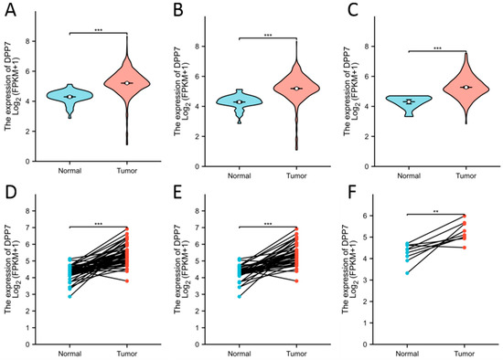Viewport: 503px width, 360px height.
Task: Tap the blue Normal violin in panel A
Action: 70,96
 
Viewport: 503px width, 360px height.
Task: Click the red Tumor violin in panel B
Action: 296,89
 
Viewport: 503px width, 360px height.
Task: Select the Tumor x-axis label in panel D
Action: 127,351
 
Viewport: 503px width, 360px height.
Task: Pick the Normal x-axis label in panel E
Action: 240,351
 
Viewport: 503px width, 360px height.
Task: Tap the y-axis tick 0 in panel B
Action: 202,160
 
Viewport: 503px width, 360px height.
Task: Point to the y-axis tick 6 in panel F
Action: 370,216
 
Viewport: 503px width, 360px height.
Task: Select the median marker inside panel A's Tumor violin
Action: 127,83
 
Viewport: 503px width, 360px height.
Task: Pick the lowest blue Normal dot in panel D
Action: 70,322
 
